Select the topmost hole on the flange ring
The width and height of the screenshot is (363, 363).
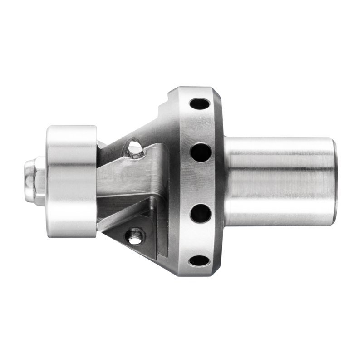point(199,103)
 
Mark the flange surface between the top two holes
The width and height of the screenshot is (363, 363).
point(200,127)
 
